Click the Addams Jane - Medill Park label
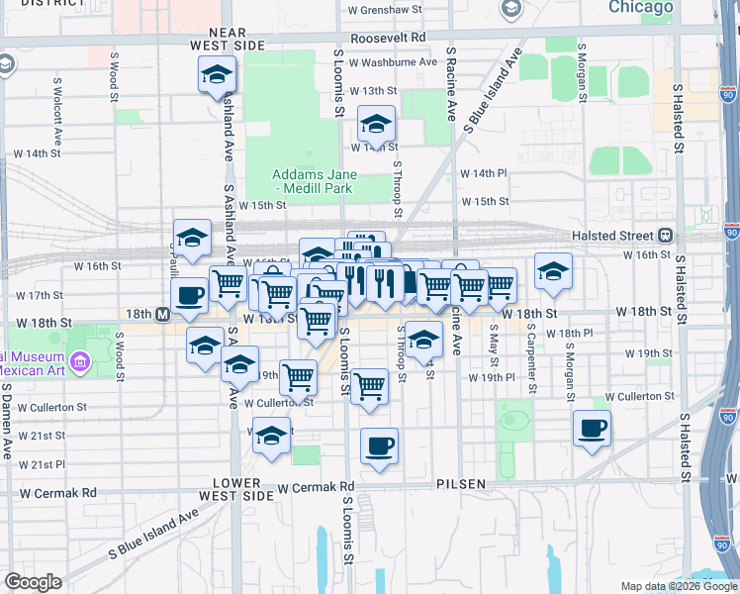coord(315,181)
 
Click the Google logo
coord(33,582)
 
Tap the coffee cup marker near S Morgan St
coord(592,428)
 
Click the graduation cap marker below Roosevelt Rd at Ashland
coord(218,74)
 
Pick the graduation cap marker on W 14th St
coord(376,124)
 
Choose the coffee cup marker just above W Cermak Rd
coord(379,445)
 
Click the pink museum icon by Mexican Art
coord(80,362)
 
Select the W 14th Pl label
coord(483,172)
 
